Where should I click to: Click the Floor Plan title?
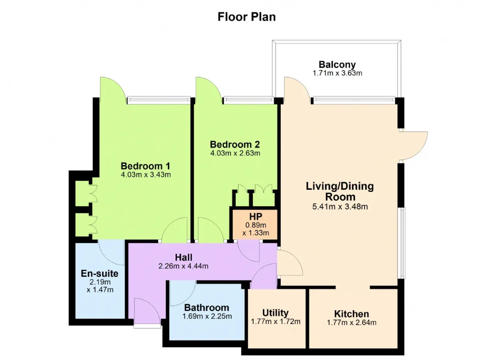click(247, 17)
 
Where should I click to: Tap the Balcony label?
click(337, 65)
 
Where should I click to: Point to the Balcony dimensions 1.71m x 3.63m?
click(337, 73)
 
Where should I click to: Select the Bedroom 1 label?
click(145, 166)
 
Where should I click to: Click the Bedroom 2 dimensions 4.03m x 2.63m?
click(235, 153)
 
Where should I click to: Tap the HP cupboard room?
click(256, 224)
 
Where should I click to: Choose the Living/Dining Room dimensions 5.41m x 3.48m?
click(340, 206)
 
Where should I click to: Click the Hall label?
click(183, 257)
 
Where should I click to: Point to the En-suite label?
click(100, 273)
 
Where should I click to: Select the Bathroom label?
click(207, 308)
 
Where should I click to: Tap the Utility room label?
click(275, 313)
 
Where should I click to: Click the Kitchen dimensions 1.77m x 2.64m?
click(352, 322)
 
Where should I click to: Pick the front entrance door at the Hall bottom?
click(148, 312)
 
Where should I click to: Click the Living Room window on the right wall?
click(403, 243)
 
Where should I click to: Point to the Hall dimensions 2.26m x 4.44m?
click(183, 266)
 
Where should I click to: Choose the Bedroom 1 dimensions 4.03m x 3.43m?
click(146, 175)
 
